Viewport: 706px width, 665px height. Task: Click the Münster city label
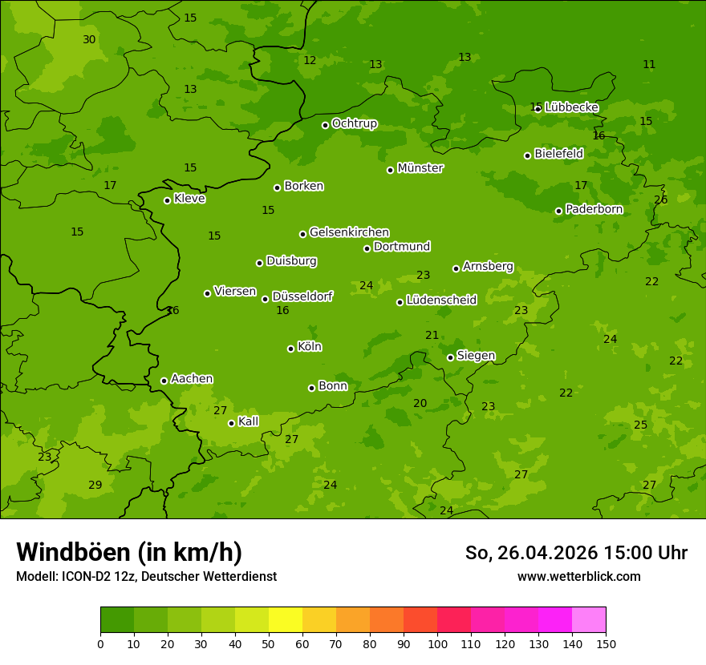coord(420,168)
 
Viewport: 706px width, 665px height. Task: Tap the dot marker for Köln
coord(290,349)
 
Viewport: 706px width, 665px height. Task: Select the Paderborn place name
coord(594,209)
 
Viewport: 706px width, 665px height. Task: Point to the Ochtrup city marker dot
coord(325,125)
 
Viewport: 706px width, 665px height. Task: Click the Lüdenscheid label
coord(441,300)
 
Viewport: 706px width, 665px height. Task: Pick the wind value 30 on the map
coord(89,39)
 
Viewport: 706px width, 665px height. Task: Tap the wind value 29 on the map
coord(95,485)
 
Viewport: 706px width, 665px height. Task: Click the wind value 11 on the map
coord(649,64)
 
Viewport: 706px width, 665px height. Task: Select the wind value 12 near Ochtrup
coord(310,60)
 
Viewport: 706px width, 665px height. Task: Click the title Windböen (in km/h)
coord(129,552)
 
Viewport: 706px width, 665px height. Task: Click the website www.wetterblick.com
coord(579,576)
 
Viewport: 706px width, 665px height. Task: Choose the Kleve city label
coord(189,199)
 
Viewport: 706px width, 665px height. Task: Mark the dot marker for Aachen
coord(164,381)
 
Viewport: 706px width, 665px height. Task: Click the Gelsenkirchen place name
coord(349,232)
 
